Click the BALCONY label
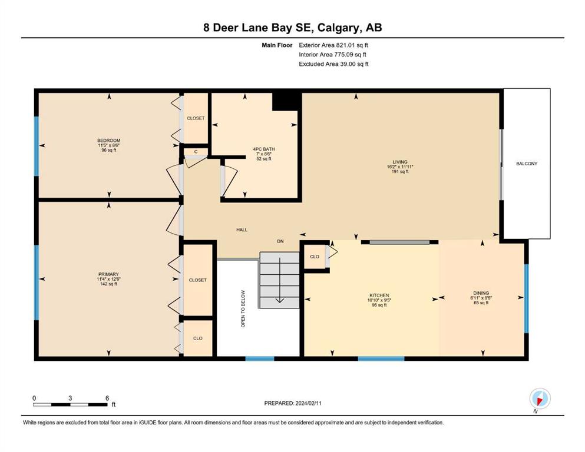[x=527, y=164]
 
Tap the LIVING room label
[x=400, y=162]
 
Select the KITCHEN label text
[x=379, y=295]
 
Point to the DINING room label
[x=481, y=293]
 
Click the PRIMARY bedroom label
[x=108, y=274]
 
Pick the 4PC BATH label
[x=264, y=149]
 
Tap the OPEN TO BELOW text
[x=243, y=309]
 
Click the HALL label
[x=242, y=230]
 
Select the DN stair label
[x=280, y=241]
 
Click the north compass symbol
[x=540, y=399]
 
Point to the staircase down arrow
[x=279, y=280]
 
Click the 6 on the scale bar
[x=107, y=398]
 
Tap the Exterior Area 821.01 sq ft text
[x=333, y=45]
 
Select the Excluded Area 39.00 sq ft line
[x=333, y=64]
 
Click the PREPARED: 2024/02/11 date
[x=292, y=403]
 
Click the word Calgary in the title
[x=339, y=28]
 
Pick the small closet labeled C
[x=196, y=152]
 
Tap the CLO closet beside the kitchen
[x=315, y=257]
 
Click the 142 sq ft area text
[x=108, y=284]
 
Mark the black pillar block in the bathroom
[x=286, y=101]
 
